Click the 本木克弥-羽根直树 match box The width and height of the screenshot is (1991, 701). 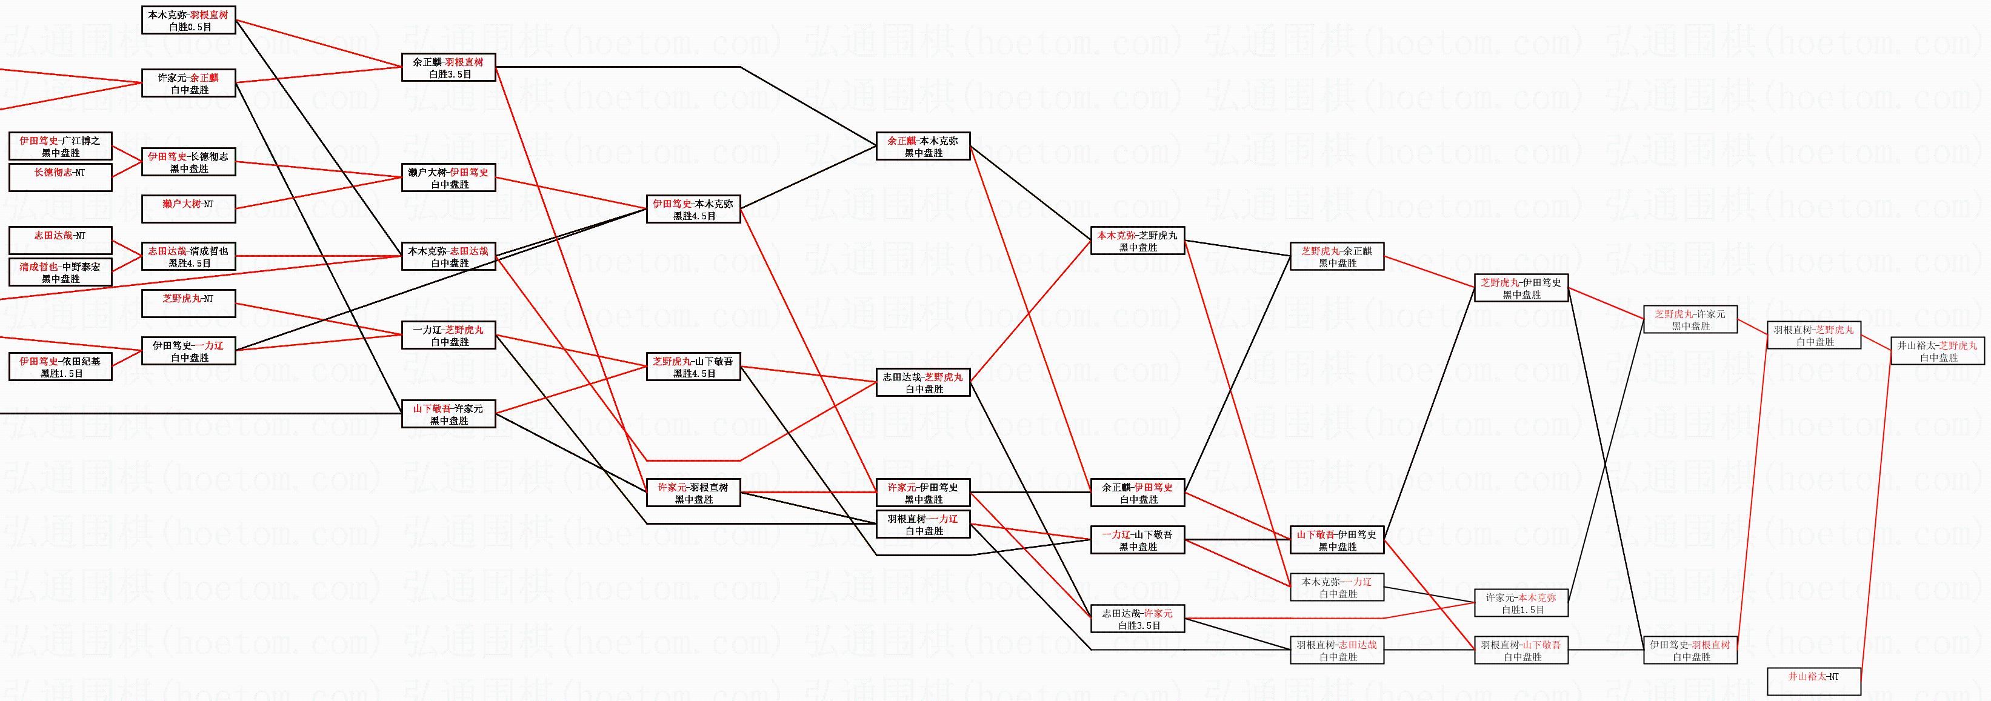[188, 20]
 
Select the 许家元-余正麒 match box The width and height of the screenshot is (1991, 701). [188, 84]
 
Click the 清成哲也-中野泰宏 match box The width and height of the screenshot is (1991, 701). [60, 272]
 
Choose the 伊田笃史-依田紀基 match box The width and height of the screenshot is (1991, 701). [60, 367]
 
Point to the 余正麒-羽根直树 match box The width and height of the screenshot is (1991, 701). [449, 67]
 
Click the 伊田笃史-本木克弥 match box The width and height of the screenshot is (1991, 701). [693, 210]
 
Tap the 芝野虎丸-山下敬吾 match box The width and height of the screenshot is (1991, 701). [693, 367]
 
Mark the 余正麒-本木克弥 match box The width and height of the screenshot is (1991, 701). [923, 146]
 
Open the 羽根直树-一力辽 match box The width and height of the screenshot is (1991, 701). [923, 524]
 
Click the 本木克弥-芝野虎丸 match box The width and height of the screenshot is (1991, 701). [1138, 241]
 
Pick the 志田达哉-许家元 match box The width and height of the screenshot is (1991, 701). [1138, 619]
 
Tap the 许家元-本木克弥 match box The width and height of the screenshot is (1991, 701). [1521, 603]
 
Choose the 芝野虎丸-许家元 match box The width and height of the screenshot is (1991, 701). [1690, 319]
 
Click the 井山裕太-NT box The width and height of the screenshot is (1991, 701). [1813, 682]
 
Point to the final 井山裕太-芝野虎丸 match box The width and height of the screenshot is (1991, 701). [1938, 351]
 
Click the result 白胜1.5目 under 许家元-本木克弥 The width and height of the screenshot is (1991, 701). [1521, 610]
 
